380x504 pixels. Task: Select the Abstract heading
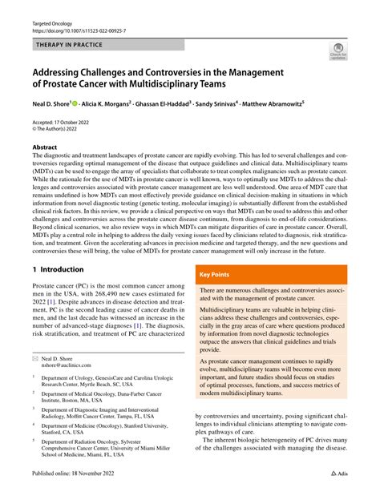[x=45, y=148]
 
